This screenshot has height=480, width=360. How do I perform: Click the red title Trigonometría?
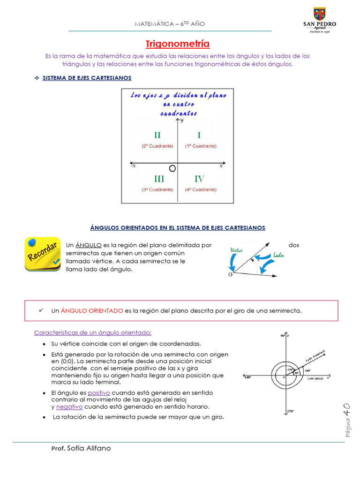[x=178, y=44]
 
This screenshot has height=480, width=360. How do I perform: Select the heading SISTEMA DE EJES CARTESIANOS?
[x=87, y=78]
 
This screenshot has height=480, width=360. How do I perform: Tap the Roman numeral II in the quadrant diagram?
[x=157, y=135]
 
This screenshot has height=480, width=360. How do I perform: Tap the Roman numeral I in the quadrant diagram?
[x=199, y=135]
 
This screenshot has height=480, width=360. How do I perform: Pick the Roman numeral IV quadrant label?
[x=199, y=179]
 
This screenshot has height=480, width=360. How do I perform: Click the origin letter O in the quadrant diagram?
[x=172, y=168]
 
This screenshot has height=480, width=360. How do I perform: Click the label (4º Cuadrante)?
[x=201, y=189]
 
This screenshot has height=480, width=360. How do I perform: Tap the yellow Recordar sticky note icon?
[x=43, y=254]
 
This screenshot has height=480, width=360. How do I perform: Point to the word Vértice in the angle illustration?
[x=237, y=250]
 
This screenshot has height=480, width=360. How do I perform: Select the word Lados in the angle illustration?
[x=278, y=255]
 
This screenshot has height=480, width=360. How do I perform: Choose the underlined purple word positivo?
[x=98, y=392]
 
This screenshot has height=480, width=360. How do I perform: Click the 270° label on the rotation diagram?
[x=290, y=411]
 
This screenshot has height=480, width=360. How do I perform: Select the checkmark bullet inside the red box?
[x=41, y=310]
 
